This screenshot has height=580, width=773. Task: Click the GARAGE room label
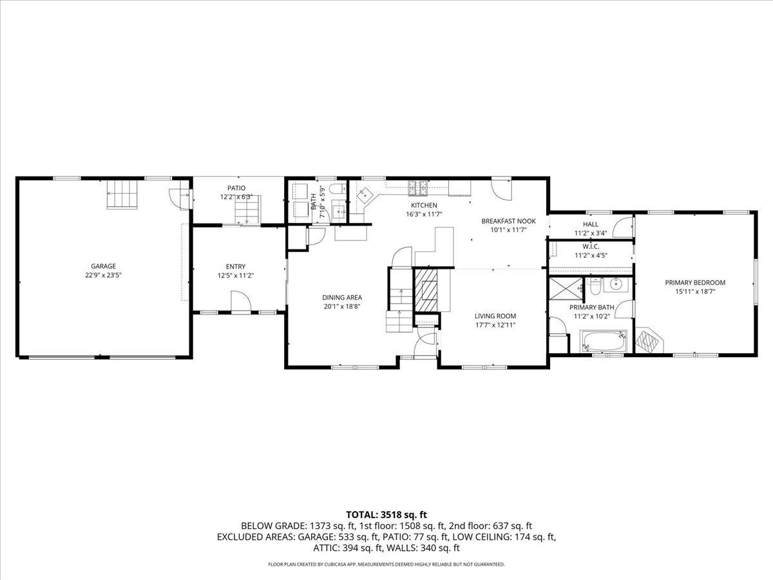(x=103, y=266)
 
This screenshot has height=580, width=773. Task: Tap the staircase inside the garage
(x=122, y=195)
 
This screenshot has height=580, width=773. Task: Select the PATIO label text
(x=236, y=188)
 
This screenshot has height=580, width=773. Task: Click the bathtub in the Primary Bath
(x=603, y=341)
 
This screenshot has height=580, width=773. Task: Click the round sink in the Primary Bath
(x=616, y=284)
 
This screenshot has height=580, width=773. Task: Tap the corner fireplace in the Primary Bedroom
(x=648, y=340)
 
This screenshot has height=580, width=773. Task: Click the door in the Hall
(x=622, y=227)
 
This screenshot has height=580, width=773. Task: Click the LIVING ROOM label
(x=495, y=316)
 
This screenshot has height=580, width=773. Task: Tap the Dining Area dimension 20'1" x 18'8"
(x=342, y=306)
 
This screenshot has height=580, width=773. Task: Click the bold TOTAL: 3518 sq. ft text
(x=386, y=514)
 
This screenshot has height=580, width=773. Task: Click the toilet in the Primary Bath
(x=593, y=284)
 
